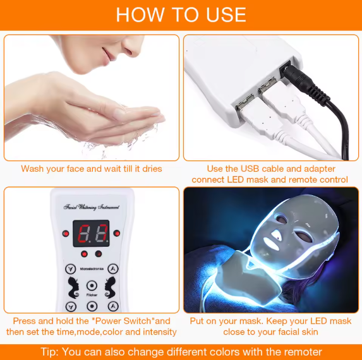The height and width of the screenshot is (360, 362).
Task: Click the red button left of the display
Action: [x=66, y=233]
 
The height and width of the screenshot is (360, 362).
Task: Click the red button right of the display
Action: [x=118, y=233]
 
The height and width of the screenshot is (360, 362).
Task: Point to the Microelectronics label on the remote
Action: [x=92, y=268]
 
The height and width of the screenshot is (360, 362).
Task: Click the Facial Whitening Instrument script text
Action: [x=92, y=207]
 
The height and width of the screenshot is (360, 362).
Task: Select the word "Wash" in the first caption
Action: [x=33, y=169]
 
